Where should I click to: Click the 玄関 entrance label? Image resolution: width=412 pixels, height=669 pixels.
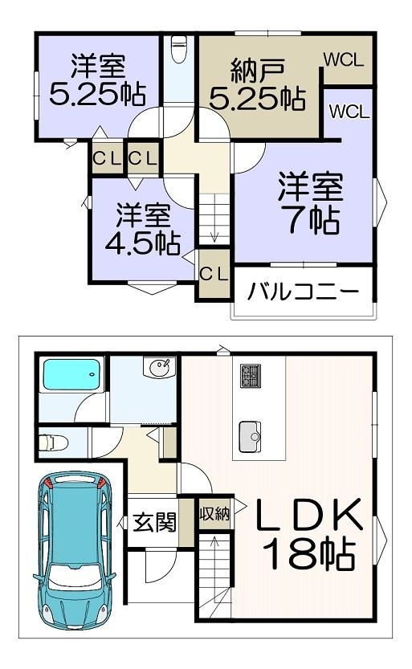click(x=154, y=522)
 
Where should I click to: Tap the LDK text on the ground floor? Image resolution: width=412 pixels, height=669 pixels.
click(x=308, y=514)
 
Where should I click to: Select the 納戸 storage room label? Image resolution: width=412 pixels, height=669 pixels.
click(x=258, y=71)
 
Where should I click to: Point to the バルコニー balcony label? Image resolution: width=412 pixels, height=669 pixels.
click(x=304, y=292)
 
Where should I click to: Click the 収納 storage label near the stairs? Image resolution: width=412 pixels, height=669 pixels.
click(x=215, y=513)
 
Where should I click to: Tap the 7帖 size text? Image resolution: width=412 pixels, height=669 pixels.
click(x=314, y=220)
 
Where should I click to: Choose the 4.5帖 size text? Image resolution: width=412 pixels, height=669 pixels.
click(x=143, y=243)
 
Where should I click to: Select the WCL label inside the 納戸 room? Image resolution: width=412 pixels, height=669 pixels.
click(x=344, y=59)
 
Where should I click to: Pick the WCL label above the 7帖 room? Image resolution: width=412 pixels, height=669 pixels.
click(x=349, y=112)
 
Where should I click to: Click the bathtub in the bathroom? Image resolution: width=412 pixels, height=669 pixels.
click(x=71, y=374)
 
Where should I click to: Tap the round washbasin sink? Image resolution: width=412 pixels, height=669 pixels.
click(x=160, y=367)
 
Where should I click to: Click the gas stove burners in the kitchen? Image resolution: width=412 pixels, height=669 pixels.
click(x=251, y=376)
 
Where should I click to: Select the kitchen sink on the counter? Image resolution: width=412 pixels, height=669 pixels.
click(x=250, y=436)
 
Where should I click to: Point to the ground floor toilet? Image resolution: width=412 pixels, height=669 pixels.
click(x=53, y=442)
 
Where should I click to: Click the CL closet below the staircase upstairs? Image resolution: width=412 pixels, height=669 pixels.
click(x=214, y=274)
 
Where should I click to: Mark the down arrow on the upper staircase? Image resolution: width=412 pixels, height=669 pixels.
click(x=214, y=235)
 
